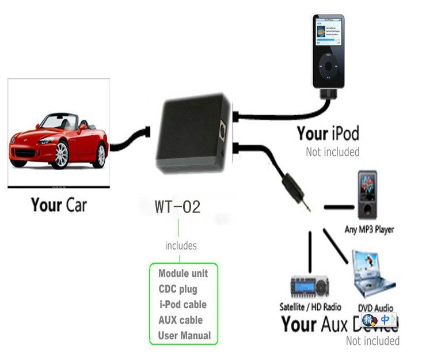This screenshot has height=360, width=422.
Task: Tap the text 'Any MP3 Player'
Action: tap(368, 229)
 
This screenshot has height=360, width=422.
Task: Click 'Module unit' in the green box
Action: tap(183, 273)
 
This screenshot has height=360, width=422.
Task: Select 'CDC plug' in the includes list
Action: tap(177, 289)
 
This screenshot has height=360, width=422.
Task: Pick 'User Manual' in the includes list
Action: tap(184, 335)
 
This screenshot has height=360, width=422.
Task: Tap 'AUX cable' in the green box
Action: tap(180, 320)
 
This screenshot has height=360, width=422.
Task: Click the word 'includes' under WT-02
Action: tap(181, 246)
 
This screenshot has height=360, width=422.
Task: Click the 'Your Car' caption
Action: tap(59, 204)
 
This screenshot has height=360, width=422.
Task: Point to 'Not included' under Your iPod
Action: tap(333, 152)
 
